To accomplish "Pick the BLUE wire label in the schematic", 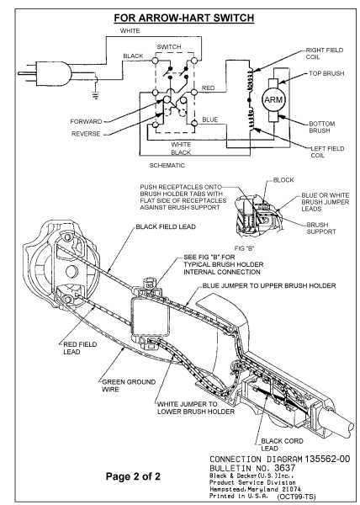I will click(x=210, y=120).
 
